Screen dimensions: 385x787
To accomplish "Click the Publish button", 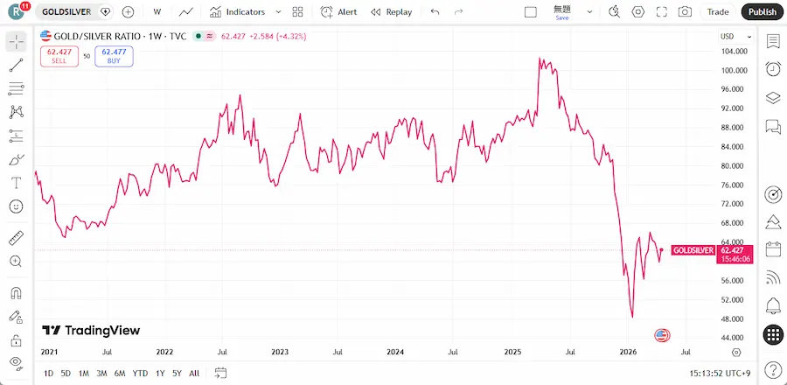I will coord(762,12).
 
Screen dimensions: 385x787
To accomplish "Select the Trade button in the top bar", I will coord(718,12).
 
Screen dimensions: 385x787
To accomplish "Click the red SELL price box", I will coord(59,55).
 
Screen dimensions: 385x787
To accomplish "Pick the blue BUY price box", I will coord(114,55).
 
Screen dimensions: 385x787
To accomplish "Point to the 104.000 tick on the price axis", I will coord(733,52).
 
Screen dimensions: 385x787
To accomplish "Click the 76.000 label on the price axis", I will coord(733,185).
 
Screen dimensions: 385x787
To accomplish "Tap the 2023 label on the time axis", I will coord(280,352).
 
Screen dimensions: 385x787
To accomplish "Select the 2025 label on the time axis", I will coord(512,352).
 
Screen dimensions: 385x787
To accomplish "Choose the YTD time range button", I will coord(140,374).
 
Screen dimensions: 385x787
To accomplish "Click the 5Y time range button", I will coord(177,374).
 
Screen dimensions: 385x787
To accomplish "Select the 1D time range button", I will coord(48,374).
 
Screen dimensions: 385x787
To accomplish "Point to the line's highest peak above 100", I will coord(540,59).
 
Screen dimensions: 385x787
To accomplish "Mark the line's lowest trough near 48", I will coord(632,318).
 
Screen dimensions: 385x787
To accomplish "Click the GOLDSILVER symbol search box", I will coord(66,12).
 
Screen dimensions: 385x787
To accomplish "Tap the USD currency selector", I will coord(731,36).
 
